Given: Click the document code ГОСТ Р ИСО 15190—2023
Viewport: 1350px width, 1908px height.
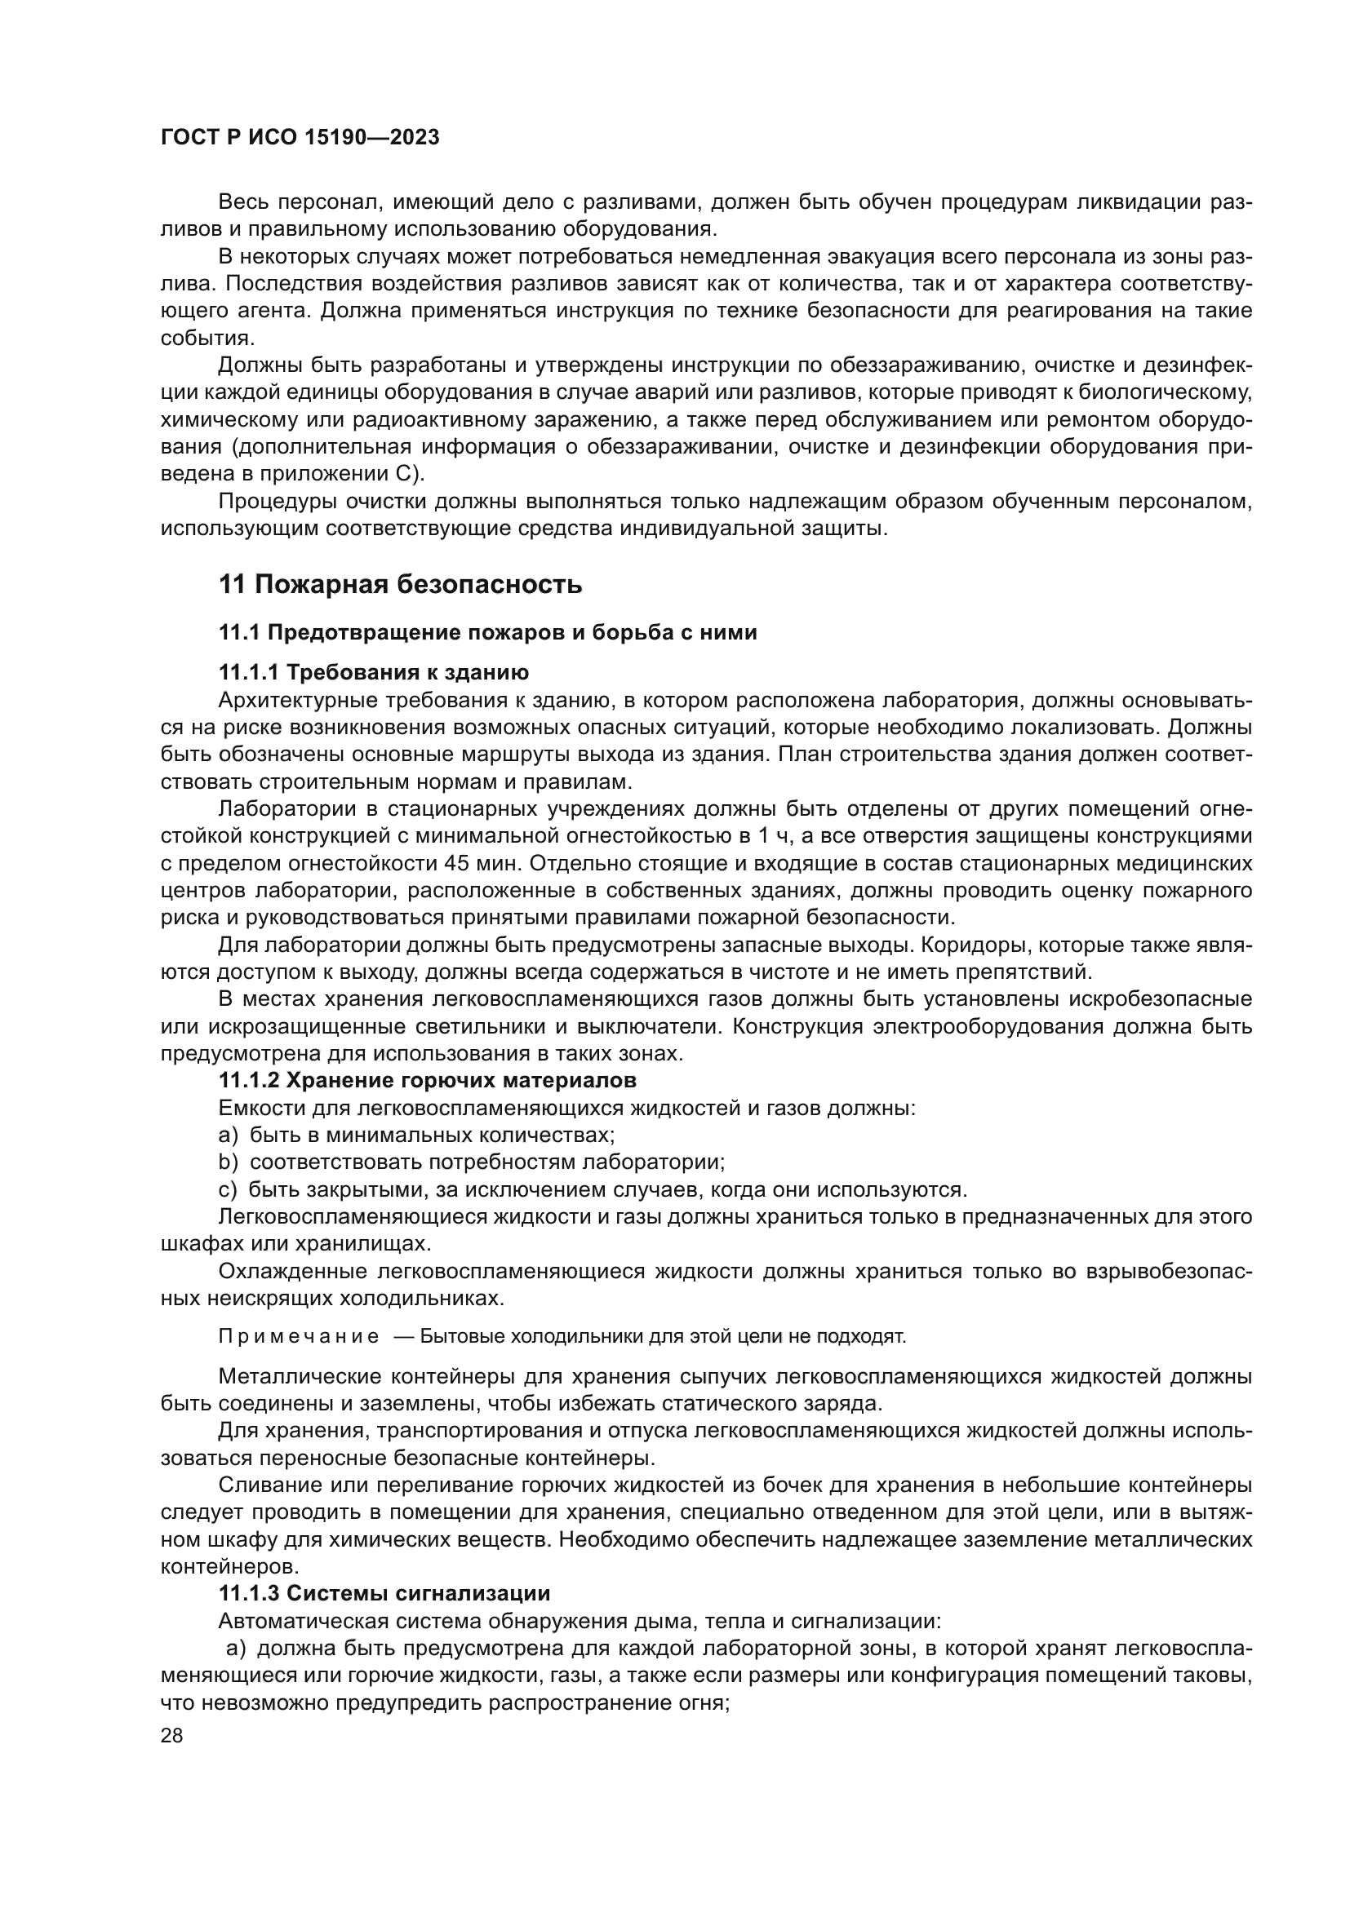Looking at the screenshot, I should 300,138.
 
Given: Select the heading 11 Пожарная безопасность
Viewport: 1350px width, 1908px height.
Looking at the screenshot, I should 400,584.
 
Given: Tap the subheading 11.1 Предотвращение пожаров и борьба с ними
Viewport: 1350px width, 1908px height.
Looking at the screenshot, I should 487,632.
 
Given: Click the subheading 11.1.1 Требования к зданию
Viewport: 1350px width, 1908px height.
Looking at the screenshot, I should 373,671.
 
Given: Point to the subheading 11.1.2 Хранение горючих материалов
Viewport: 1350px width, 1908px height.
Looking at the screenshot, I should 427,1080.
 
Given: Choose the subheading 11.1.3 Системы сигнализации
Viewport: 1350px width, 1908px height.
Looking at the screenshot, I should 384,1593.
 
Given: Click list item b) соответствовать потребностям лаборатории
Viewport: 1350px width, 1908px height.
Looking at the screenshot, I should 471,1162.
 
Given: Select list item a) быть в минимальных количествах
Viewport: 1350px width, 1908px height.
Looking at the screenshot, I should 416,1135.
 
